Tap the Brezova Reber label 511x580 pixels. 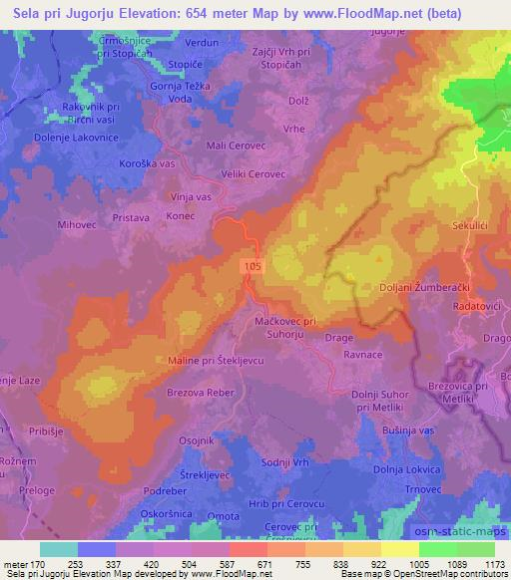pyautogui.click(x=195, y=392)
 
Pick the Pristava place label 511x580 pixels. pyautogui.click(x=132, y=214)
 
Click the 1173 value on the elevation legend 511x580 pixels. pyautogui.click(x=492, y=563)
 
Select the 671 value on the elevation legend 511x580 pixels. pyautogui.click(x=264, y=563)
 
